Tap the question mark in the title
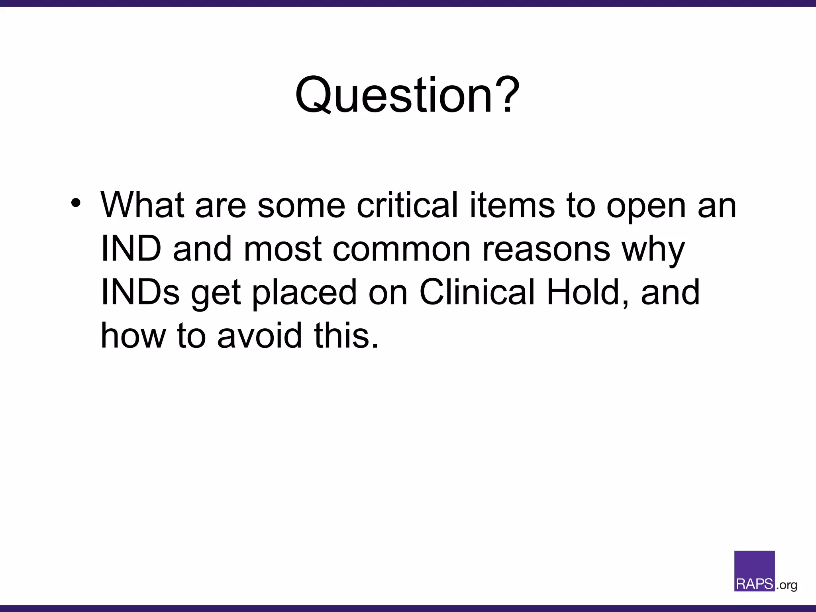click(507, 95)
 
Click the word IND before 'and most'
click(131, 249)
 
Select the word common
click(402, 249)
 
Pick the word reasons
click(546, 249)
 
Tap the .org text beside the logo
click(787, 585)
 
